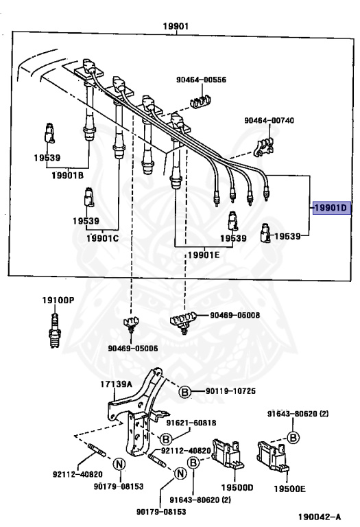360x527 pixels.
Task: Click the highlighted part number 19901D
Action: (331, 207)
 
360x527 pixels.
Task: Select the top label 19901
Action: (176, 27)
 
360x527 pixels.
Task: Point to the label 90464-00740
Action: (269, 121)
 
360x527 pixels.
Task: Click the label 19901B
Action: (67, 176)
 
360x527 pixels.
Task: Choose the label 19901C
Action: (102, 238)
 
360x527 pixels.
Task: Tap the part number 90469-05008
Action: (236, 316)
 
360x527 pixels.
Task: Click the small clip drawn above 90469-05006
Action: (130, 324)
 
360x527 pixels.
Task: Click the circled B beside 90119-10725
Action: (184, 392)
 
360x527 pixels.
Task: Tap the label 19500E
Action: (287, 489)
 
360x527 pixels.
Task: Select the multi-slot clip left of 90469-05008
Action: (183, 319)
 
